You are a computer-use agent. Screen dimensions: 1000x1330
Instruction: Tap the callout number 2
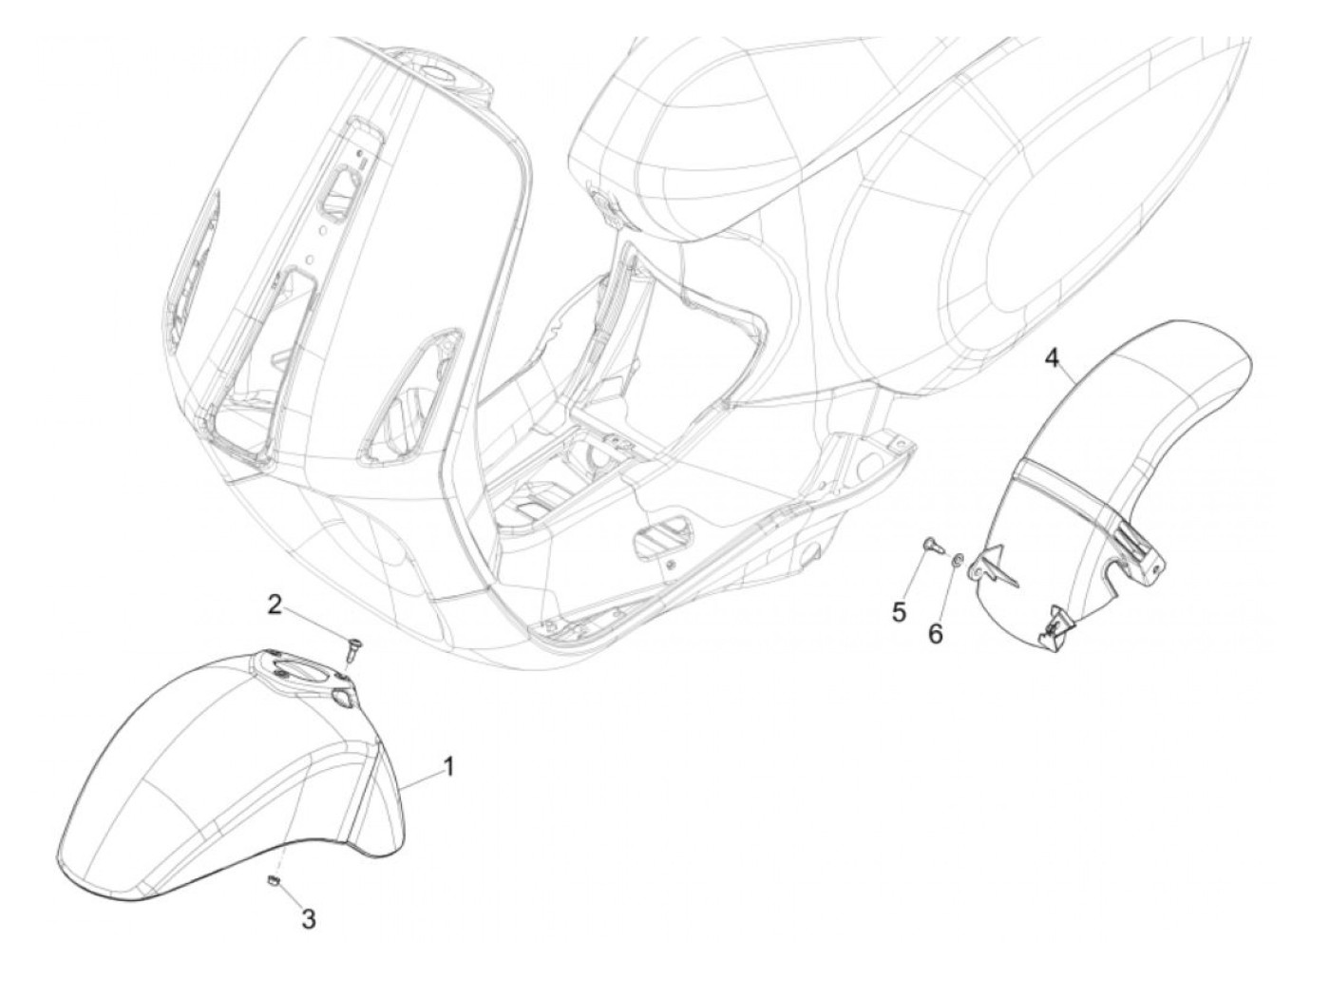point(274,604)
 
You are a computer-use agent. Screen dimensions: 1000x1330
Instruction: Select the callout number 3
point(308,918)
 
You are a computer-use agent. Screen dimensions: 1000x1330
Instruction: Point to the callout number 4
point(1051,358)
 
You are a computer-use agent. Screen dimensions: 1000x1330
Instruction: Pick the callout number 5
point(899,610)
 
